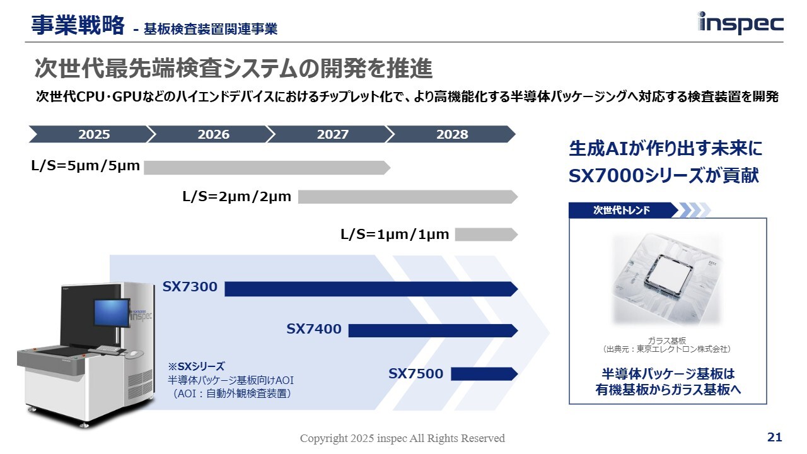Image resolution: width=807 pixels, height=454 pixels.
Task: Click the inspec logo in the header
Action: [741, 23]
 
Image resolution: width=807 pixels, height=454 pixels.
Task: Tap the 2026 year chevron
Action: [211, 134]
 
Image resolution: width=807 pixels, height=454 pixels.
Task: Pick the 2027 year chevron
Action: [331, 134]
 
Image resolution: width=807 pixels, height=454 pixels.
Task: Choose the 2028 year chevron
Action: [451, 134]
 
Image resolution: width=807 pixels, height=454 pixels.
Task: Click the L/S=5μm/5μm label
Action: [85, 167]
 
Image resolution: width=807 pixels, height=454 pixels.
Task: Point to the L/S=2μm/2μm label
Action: [237, 197]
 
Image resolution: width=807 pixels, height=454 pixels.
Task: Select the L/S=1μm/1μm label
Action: [395, 235]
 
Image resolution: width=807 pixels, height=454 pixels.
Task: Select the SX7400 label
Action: [314, 329]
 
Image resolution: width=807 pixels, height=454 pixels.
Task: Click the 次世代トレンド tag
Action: [622, 211]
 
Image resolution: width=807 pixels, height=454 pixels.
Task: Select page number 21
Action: [774, 437]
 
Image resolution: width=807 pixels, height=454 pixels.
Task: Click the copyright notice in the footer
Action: [402, 438]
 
